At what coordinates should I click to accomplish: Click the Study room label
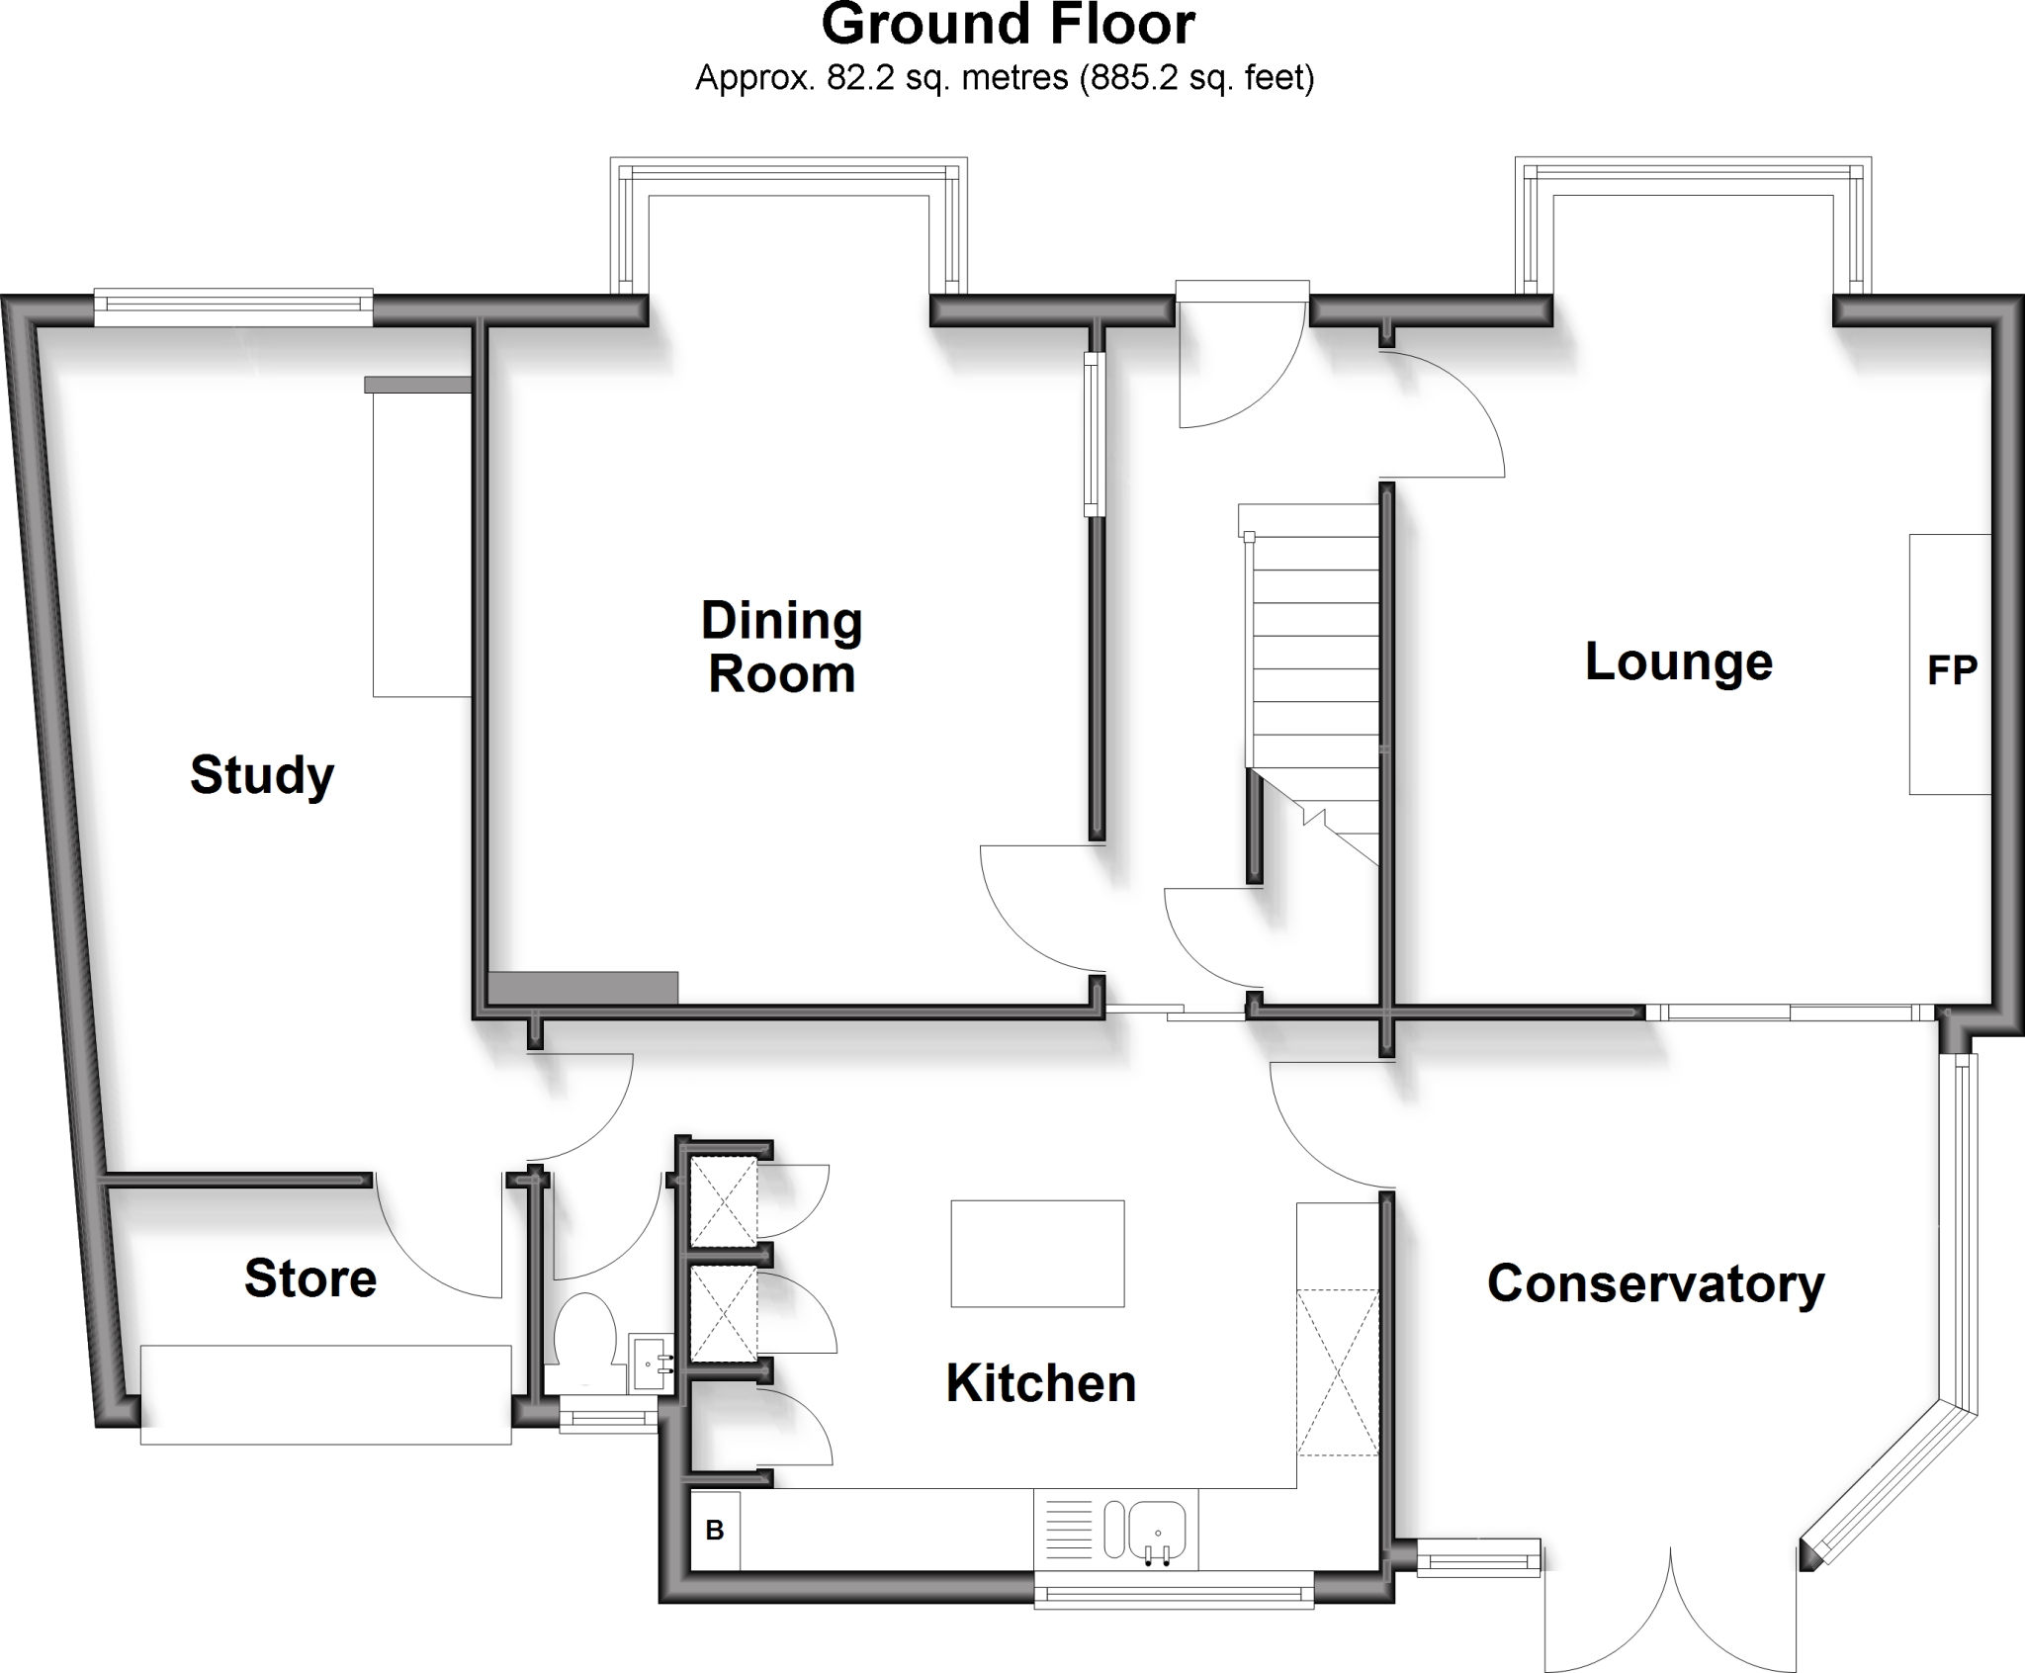(262, 775)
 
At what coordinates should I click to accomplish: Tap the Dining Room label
(781, 648)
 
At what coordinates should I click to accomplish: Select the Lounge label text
(1678, 662)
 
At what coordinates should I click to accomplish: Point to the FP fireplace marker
(1952, 671)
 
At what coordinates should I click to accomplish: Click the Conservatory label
(1655, 1284)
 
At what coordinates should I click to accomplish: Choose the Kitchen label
(1040, 1383)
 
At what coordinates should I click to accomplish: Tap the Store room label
(310, 1278)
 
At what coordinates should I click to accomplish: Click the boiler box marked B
(715, 1532)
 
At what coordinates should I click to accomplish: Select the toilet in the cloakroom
(584, 1335)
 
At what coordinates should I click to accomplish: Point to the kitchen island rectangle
(1037, 1254)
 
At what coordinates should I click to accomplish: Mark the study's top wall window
(233, 308)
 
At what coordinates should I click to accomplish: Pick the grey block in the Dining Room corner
(583, 988)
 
